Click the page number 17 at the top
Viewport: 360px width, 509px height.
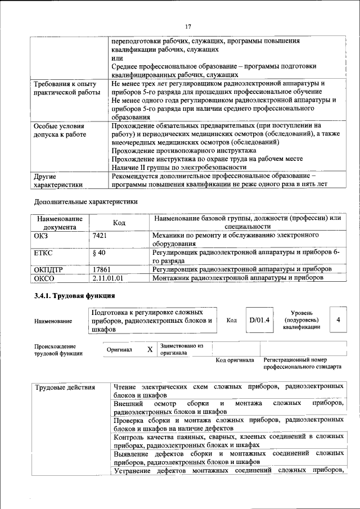[188, 25]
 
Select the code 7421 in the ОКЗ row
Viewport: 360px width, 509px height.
[100, 236]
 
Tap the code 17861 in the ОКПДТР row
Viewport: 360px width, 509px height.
[102, 269]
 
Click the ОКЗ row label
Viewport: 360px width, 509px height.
[42, 236]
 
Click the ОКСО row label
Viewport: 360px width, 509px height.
[44, 278]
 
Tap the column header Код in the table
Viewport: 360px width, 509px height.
[119, 223]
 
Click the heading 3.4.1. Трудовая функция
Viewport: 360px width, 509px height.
[75, 295]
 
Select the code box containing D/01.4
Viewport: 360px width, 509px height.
[259, 320]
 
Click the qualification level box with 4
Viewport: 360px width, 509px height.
[338, 319]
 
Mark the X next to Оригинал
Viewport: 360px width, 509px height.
[150, 349]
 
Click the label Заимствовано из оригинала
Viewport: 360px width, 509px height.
[181, 349]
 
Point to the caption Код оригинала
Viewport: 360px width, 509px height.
[235, 360]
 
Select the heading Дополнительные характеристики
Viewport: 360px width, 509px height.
[85, 201]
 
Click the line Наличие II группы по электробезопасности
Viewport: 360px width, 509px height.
[179, 167]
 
